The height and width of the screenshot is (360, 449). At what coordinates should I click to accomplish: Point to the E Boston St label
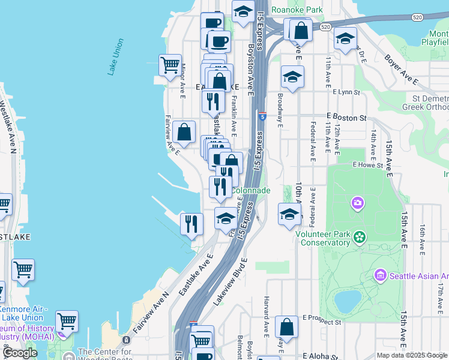[346, 118]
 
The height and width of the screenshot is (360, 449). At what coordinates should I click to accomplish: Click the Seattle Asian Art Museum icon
[380, 276]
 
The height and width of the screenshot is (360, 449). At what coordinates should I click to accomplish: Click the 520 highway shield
[325, 27]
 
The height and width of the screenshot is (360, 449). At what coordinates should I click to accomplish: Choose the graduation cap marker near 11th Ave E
[345, 38]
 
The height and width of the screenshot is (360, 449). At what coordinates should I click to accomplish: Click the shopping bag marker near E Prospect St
[287, 327]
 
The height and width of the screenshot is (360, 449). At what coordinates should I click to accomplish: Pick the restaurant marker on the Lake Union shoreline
[191, 224]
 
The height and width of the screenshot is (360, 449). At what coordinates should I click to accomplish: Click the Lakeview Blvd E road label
[230, 283]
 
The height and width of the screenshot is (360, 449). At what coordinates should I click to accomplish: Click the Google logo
[20, 353]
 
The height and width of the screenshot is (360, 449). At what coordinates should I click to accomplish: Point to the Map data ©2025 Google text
[412, 355]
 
